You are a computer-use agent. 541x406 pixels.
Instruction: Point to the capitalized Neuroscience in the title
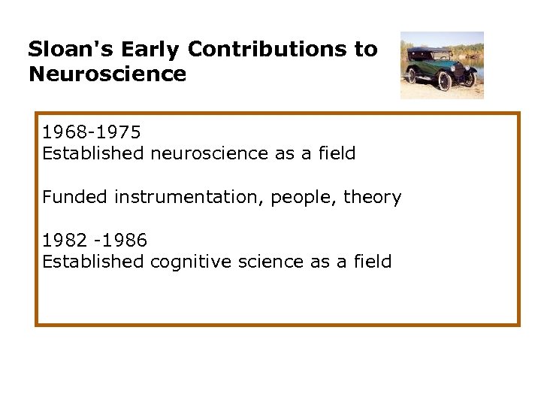click(x=107, y=74)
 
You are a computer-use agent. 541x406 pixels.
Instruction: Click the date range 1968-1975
click(x=92, y=132)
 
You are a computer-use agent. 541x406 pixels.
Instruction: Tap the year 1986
click(x=126, y=241)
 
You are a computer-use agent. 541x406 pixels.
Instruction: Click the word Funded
click(x=75, y=197)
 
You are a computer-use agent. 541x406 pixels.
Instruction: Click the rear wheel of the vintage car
click(x=412, y=75)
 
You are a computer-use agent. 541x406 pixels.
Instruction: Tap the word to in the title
click(x=366, y=50)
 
